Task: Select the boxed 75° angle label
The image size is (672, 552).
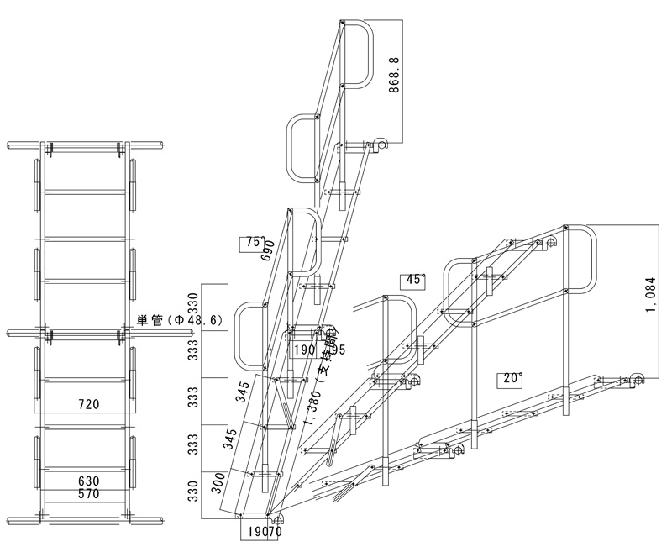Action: (x=252, y=243)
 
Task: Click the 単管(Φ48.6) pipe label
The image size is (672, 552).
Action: (x=178, y=320)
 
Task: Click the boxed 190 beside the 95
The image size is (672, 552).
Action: (x=304, y=350)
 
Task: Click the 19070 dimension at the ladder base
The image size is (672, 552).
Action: (x=263, y=531)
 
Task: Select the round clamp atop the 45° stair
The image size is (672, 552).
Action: (x=550, y=243)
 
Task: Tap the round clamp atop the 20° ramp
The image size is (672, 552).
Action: (x=636, y=380)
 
